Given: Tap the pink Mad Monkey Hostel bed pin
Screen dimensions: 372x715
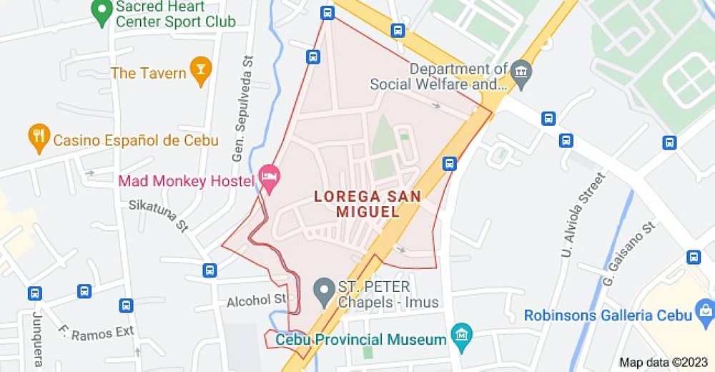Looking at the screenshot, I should pos(269,177).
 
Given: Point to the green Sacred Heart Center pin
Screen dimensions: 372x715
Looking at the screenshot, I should pos(103,12).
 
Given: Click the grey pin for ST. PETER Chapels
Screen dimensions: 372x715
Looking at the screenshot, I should pos(325,290).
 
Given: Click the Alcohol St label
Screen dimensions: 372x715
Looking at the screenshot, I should pos(256,300).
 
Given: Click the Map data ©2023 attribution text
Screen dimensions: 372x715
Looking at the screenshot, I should pos(664,362).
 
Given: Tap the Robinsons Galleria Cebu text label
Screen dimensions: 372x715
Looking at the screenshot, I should pos(608,315).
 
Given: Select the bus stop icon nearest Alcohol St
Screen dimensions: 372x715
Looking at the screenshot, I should pos(209,270).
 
